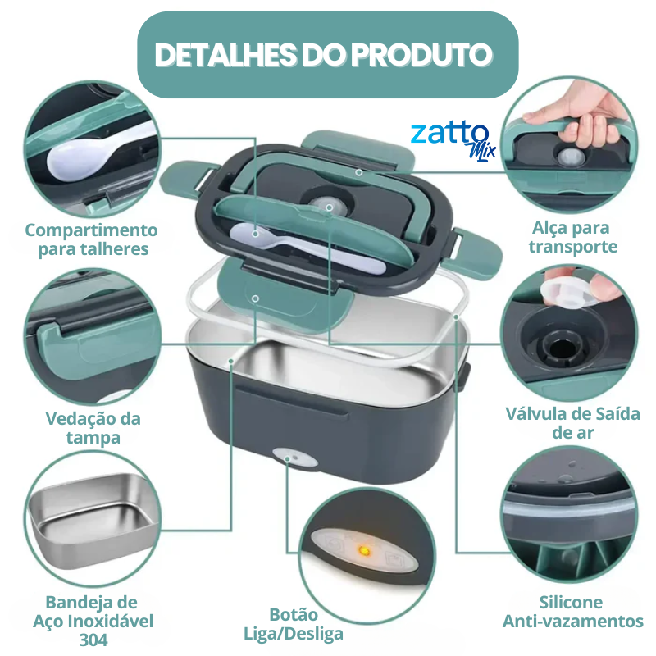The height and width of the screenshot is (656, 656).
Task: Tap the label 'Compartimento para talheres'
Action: [91, 239]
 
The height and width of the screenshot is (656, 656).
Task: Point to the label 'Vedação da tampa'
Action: [93, 428]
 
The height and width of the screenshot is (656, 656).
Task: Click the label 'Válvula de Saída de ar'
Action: [572, 422]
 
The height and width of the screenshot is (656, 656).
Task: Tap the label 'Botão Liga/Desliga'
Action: [294, 624]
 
